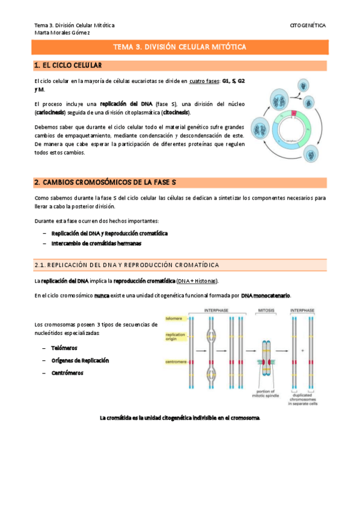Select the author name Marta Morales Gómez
pyautogui.click(x=62, y=32)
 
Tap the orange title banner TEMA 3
pyautogui.click(x=180, y=47)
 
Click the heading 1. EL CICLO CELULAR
pyautogui.click(x=68, y=65)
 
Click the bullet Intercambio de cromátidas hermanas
pyautogui.click(x=96, y=244)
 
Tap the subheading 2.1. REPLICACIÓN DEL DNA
pyautogui.click(x=126, y=265)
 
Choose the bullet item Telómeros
pyautogui.click(x=64, y=348)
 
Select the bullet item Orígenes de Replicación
pyautogui.click(x=80, y=360)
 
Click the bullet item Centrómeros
pyautogui.click(x=67, y=373)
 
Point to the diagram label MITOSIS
pyautogui.click(x=266, y=310)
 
